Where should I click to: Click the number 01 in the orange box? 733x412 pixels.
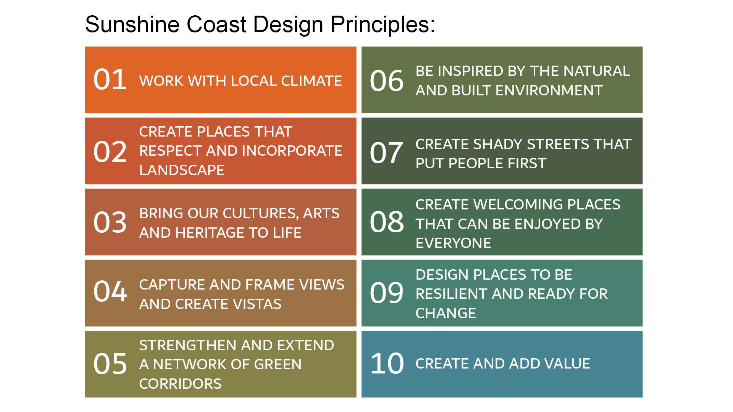[x=110, y=80]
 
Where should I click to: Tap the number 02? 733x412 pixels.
[x=110, y=151]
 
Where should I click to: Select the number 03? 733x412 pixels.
[x=110, y=222]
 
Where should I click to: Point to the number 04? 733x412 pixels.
[x=110, y=291]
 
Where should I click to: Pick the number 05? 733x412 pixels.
[x=110, y=364]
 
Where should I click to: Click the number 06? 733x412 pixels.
[x=386, y=81]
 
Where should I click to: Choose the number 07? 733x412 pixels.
[x=386, y=153]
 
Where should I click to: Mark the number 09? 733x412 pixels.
[x=386, y=293]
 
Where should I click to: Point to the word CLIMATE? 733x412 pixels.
[x=312, y=81]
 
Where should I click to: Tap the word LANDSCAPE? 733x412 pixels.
[x=182, y=170]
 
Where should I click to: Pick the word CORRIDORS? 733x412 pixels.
[x=180, y=384]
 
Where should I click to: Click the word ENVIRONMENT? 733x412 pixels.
[x=527, y=90]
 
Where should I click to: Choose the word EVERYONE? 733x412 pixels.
[x=453, y=243]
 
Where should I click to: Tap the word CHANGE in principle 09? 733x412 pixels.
[x=446, y=313]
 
